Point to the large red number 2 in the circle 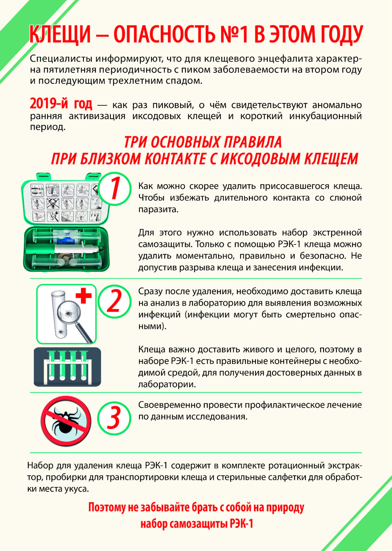(x=114, y=301)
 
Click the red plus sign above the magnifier (x=84, y=296)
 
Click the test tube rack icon (x=67, y=366)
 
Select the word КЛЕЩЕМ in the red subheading (x=331, y=159)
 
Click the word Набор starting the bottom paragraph (x=40, y=465)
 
